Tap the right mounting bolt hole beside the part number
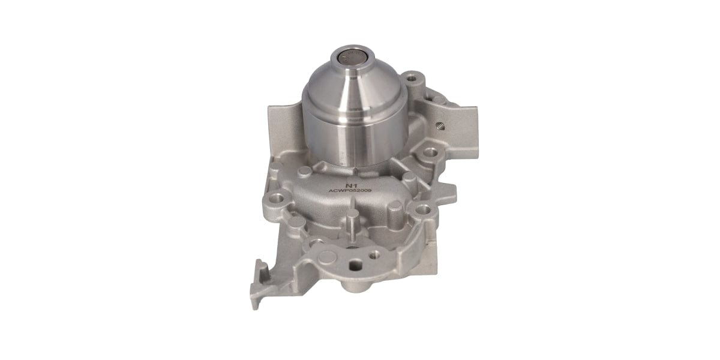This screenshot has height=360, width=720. (424, 209)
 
